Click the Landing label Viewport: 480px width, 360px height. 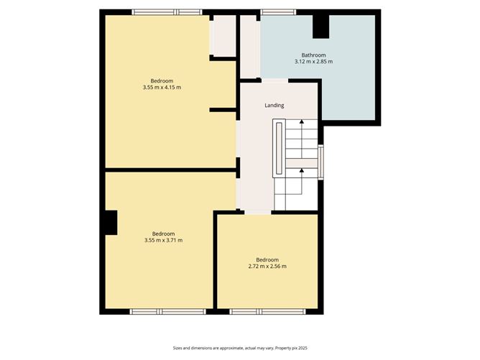[274, 105]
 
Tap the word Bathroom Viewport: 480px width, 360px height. [313, 55]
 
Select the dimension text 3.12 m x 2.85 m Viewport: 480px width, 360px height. [313, 62]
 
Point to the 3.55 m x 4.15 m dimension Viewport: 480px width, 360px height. [161, 87]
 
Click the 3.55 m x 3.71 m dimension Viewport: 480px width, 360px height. [163, 240]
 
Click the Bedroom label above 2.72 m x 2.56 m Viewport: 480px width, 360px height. [267, 259]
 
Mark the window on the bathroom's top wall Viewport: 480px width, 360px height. [278, 11]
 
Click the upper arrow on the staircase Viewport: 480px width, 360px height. [301, 124]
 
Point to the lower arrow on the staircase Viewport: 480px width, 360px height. [301, 171]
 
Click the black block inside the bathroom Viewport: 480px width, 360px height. [320, 26]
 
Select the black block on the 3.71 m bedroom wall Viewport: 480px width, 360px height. [110, 222]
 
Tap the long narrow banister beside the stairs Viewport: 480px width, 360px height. [277, 148]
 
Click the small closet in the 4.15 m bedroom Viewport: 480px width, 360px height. [224, 35]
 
